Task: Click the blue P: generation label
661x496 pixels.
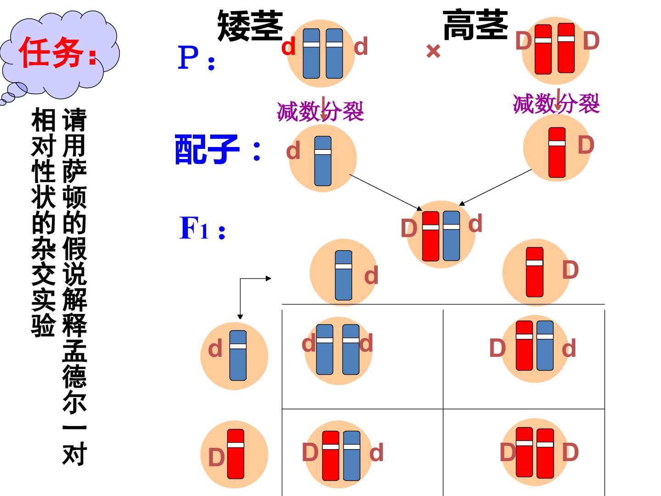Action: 196,58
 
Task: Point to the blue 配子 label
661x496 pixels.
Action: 207,149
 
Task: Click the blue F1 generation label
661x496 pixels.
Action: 202,228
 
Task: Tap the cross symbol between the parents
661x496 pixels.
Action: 433,51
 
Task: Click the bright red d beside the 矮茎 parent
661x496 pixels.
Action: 288,47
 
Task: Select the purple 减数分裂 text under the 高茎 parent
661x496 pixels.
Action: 556,104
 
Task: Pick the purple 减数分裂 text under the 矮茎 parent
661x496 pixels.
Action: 320,112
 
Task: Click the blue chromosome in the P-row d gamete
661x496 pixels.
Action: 323,161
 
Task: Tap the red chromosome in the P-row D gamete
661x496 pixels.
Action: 557,152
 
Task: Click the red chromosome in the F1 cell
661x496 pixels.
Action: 431,236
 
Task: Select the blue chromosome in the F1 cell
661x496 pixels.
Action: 451,236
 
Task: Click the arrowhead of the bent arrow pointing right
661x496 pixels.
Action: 269,279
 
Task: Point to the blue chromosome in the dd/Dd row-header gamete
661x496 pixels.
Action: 238,355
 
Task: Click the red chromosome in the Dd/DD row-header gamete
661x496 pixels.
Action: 235,454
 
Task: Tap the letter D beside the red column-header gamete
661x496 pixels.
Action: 571,270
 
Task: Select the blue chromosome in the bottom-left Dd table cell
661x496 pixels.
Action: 352,456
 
